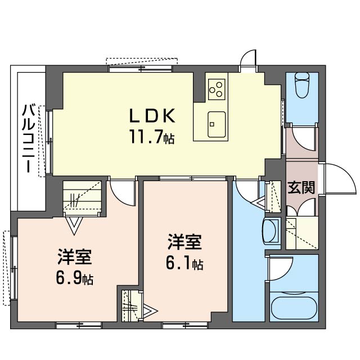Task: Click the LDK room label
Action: tap(152, 115)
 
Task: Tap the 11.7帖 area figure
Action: tap(152, 137)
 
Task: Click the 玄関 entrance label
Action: tap(301, 187)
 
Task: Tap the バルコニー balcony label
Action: tap(29, 138)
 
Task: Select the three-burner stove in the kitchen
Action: tap(217, 89)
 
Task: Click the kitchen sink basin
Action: tap(217, 124)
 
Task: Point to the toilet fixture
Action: tap(303, 85)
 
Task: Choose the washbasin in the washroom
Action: tap(271, 231)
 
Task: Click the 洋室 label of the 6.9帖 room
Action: tap(75, 257)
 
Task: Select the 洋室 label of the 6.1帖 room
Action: tap(184, 242)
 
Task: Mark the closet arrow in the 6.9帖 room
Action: tap(74, 225)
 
